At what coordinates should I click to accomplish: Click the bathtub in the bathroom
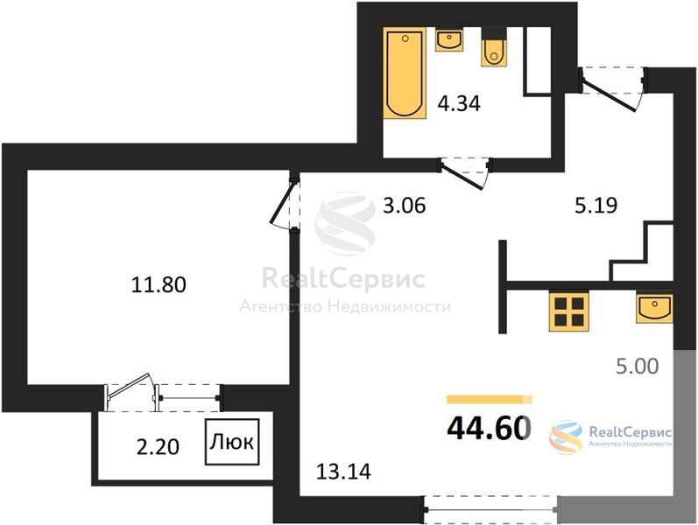coord(405,73)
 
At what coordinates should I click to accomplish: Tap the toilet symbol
coord(494,47)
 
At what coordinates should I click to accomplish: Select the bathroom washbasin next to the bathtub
coord(448,40)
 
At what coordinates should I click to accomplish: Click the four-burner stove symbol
coord(569,311)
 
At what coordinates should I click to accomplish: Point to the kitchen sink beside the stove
coord(654,307)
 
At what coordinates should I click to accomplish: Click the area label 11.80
coord(159,284)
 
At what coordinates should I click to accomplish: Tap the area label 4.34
coord(459,103)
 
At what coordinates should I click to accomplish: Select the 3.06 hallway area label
coord(405,206)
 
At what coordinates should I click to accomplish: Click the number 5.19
coord(596,206)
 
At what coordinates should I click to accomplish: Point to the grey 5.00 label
coord(638,366)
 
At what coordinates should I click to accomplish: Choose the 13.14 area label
coord(343,472)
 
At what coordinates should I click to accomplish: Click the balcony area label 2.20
coord(158,447)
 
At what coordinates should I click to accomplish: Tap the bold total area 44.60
coord(489,428)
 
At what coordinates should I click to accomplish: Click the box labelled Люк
coord(232,442)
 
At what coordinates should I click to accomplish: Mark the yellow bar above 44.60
coord(490,399)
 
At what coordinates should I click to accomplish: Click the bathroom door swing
coord(464,173)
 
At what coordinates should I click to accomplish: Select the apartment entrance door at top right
coord(612,89)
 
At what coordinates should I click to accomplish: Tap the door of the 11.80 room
coord(285,203)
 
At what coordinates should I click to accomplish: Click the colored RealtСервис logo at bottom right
coord(610,437)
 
